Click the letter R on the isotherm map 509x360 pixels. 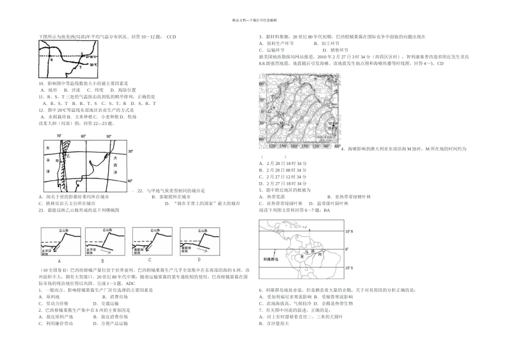[x=51, y=60]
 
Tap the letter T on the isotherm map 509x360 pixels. [x=80, y=68]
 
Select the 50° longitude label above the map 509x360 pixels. [x=109, y=137]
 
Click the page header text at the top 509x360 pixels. [x=254, y=20]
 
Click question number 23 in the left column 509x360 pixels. [x=41, y=211]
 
